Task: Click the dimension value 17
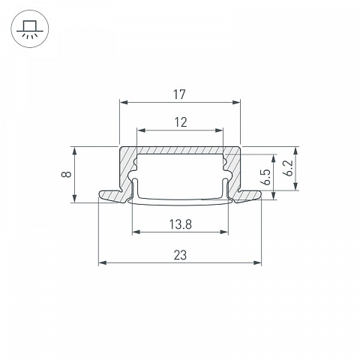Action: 179,94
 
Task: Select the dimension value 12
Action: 181,122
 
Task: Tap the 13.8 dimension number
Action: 180,224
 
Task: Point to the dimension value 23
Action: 180,255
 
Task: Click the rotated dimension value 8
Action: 67,174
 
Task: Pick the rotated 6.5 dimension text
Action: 265,177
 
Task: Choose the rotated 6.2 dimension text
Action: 288,168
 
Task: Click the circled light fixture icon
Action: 30,28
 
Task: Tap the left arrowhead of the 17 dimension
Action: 124,102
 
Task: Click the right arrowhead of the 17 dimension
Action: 236,102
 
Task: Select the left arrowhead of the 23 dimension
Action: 103,262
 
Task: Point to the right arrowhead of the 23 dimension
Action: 257,262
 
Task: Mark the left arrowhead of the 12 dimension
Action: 141,130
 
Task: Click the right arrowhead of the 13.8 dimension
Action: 224,232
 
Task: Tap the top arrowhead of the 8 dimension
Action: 75,151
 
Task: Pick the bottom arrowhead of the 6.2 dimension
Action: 296,186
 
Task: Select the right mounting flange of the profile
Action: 247,196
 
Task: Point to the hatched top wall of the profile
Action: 180,150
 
